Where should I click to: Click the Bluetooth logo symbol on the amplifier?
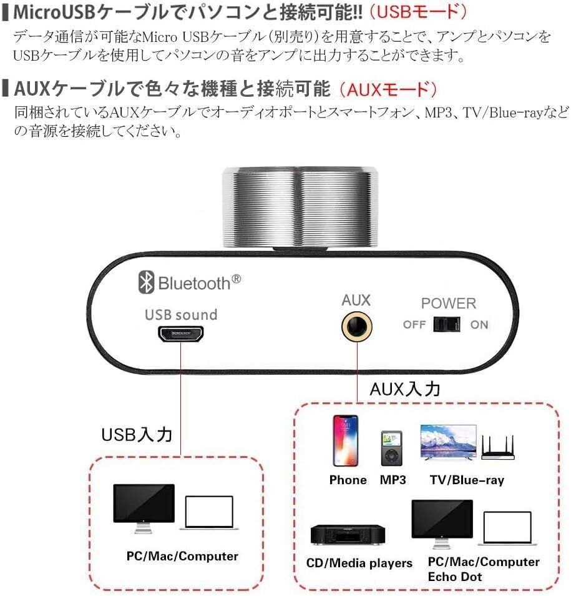click(x=146, y=283)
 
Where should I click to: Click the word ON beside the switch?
click(x=479, y=325)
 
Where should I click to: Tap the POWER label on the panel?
click(x=448, y=304)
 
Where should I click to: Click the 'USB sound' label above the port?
click(x=181, y=314)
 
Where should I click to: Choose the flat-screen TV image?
click(x=448, y=444)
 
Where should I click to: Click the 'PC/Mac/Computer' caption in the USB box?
click(x=181, y=555)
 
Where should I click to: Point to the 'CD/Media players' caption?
click(x=359, y=563)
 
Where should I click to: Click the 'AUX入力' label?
click(x=405, y=389)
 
